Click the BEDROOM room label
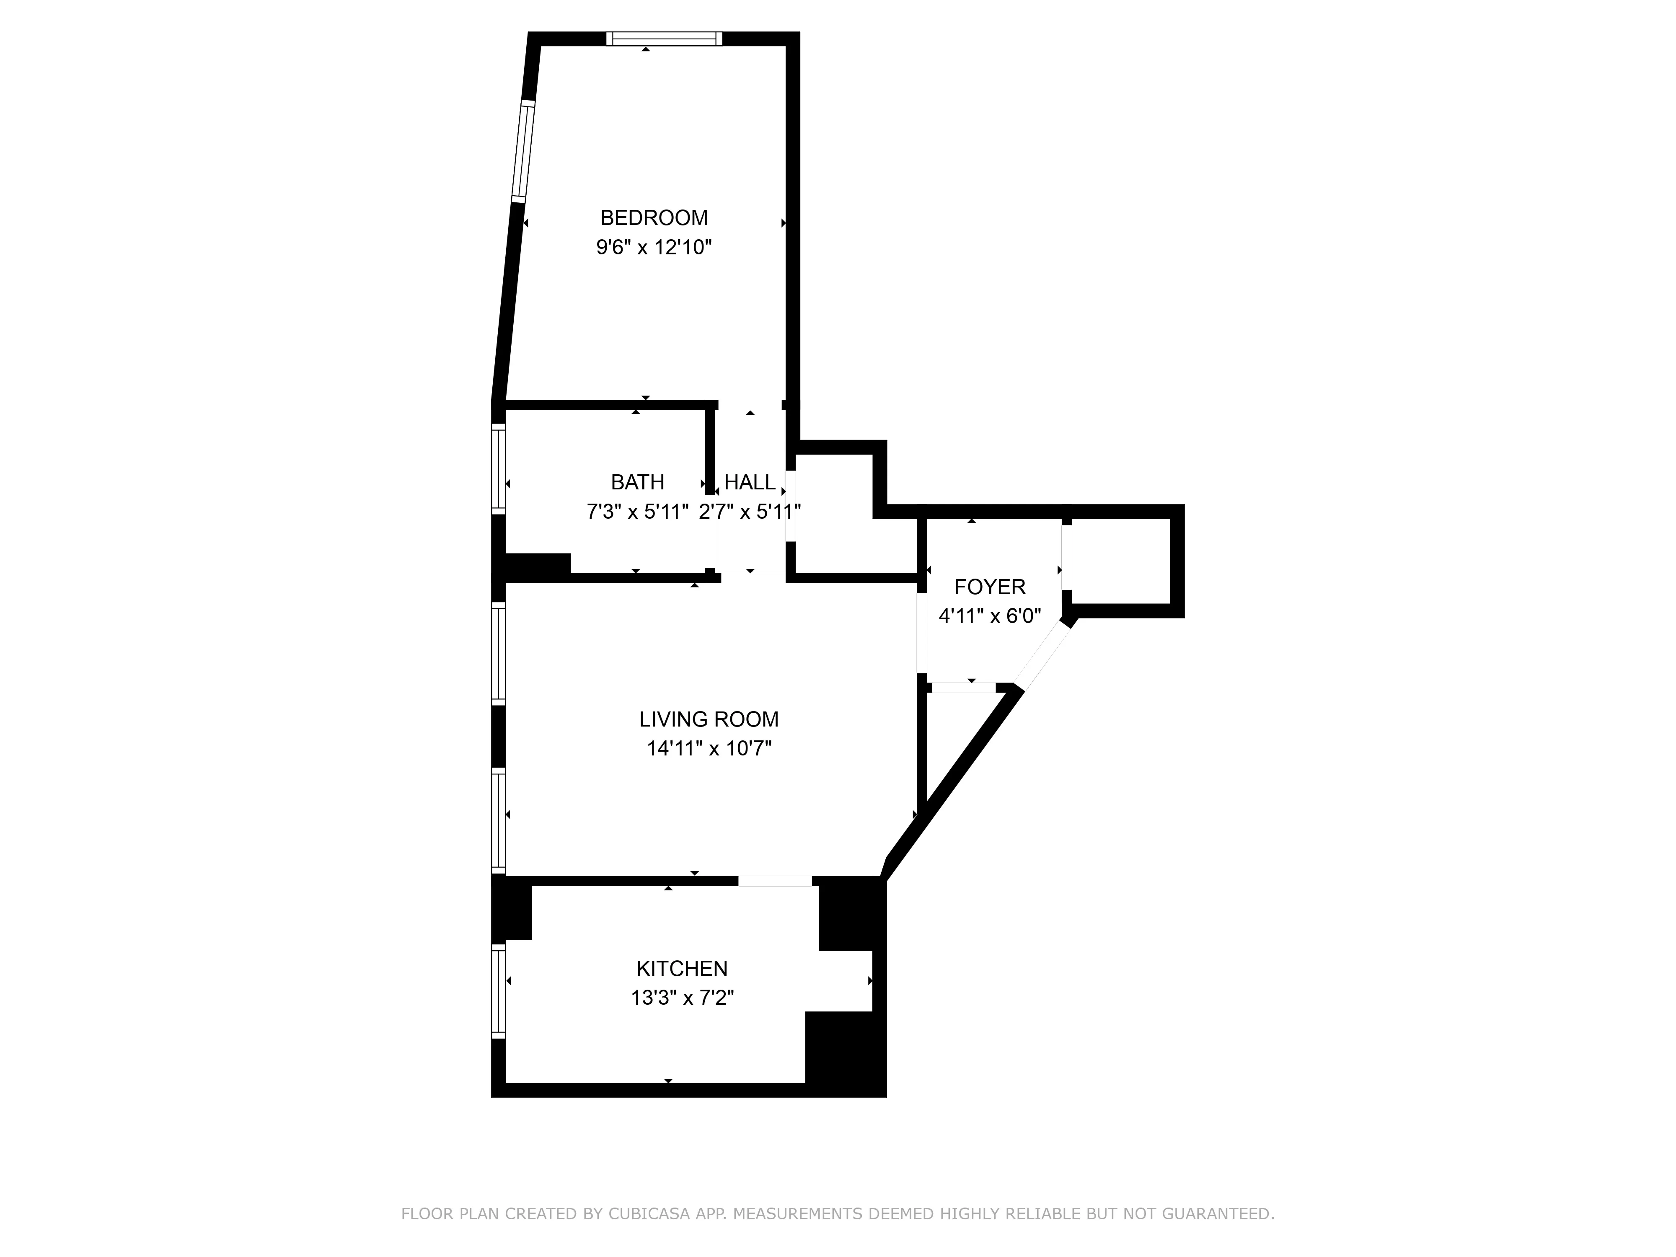tap(654, 218)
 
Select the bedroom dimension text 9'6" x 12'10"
tap(654, 248)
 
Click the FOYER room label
tap(990, 587)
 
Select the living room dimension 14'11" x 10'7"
tap(709, 749)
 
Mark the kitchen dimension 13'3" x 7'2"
tap(682, 998)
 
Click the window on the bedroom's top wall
tap(664, 39)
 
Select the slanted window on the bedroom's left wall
tap(523, 152)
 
